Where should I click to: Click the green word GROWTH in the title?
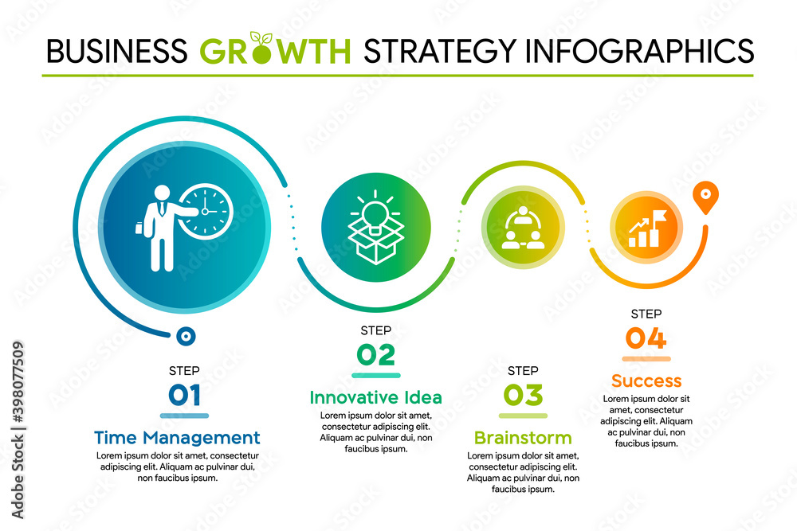(x=275, y=51)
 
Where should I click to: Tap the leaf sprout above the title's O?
(x=260, y=38)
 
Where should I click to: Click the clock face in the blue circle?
(x=205, y=211)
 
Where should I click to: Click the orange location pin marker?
(x=704, y=196)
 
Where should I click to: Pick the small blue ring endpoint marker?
(x=186, y=337)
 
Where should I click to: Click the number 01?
(x=184, y=396)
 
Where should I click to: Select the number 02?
(x=375, y=355)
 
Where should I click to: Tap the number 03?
(x=523, y=396)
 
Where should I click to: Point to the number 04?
(x=646, y=339)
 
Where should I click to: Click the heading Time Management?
(x=177, y=437)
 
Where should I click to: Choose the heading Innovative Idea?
(x=375, y=397)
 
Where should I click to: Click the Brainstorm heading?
(x=523, y=438)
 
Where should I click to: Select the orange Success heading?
(x=646, y=381)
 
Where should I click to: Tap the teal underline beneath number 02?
(x=375, y=375)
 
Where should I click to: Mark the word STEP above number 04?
(x=646, y=314)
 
